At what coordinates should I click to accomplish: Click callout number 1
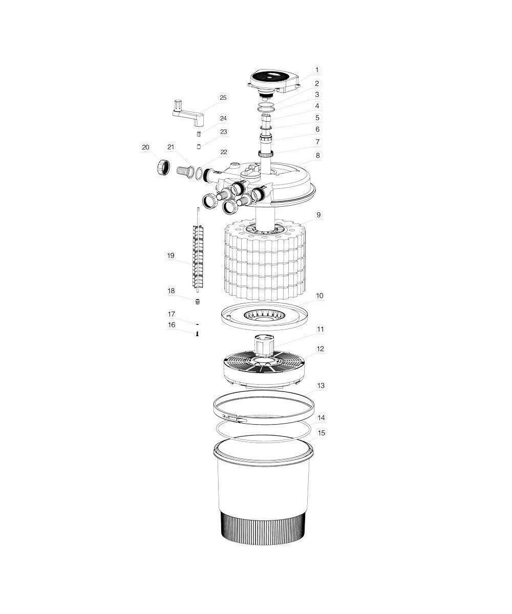coord(317,70)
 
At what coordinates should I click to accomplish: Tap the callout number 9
coord(318,215)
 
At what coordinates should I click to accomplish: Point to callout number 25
coord(223,98)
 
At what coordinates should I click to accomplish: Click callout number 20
coord(145,147)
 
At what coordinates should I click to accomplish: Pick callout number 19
coord(171,255)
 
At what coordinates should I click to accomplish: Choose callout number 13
coord(321,385)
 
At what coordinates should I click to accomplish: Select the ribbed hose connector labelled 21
coord(184,171)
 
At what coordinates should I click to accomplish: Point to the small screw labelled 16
coord(198,334)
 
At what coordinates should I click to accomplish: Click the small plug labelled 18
coord(198,301)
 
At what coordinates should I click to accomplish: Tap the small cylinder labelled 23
coord(199,146)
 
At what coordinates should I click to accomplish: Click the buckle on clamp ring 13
coord(234,418)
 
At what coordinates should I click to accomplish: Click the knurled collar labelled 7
coord(266,153)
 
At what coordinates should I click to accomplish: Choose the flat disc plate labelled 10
coord(264,316)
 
